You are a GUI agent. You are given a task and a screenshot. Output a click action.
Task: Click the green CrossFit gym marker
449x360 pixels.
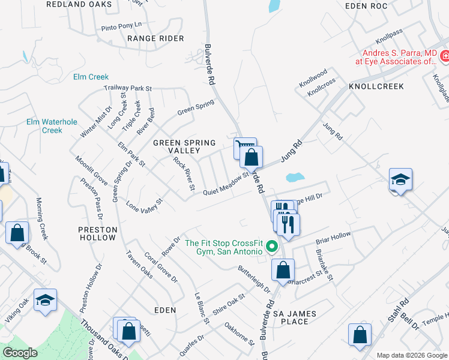pyautogui.click(x=271, y=247)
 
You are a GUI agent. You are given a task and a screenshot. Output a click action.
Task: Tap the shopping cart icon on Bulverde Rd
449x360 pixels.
pyautogui.click(x=244, y=146)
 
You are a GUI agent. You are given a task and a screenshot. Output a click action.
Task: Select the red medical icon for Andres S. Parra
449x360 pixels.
pyautogui.click(x=444, y=56)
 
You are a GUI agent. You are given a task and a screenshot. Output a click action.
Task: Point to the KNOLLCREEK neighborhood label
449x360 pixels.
pyautogui.click(x=376, y=86)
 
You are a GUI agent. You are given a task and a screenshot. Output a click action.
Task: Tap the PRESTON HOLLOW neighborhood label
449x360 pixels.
pyautogui.click(x=97, y=233)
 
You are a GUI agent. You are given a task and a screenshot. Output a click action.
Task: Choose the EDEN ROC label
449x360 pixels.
pyautogui.click(x=367, y=5)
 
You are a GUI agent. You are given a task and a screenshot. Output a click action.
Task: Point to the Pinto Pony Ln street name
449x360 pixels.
pyautogui.click(x=121, y=26)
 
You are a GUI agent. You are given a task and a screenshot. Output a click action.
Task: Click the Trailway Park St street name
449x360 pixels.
pyautogui.click(x=127, y=88)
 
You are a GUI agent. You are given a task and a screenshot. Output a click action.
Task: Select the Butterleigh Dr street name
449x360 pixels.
pyautogui.click(x=254, y=279)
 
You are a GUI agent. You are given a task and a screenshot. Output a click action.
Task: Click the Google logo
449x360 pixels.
pyautogui.click(x=20, y=353)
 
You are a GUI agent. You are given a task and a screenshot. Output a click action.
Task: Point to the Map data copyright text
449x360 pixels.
pyautogui.click(x=412, y=355)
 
